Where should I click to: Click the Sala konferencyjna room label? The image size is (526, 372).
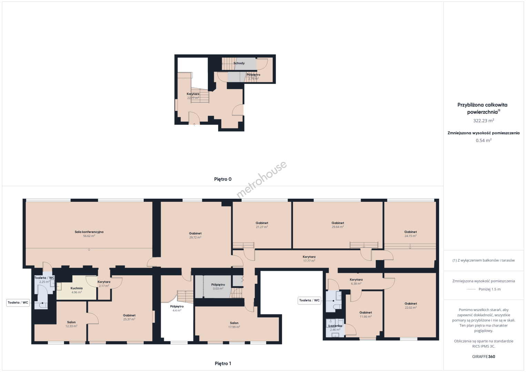tap(89, 232)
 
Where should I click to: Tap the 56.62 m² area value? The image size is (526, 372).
tap(89, 236)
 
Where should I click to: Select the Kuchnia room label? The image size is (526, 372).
tap(77, 288)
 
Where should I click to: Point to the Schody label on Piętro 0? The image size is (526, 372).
tap(239, 63)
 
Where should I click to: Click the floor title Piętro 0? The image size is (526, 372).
tap(223, 179)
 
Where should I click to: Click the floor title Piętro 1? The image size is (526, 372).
tap(223, 363)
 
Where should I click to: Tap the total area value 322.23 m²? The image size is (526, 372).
tap(484, 121)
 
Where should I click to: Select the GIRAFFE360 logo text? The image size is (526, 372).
tap(484, 356)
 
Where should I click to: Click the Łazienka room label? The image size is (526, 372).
tap(335, 326)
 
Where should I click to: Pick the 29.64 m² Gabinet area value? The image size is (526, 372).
tap(338, 227)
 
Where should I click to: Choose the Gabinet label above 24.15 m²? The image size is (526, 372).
tap(411, 232)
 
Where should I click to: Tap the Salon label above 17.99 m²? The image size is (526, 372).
tap(234, 323)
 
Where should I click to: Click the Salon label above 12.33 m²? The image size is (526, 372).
tap(71, 322)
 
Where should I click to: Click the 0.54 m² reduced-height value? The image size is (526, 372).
tap(484, 140)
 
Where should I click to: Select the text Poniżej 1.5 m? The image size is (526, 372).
tap(489, 289)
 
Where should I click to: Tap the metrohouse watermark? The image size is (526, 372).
tap(261, 180)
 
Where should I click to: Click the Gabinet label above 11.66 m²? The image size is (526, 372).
tap(366, 313)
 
